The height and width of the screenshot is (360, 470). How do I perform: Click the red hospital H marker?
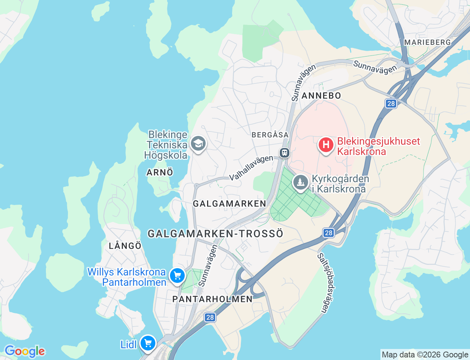(x=326, y=145)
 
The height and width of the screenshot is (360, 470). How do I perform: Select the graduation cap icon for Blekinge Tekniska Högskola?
(x=198, y=144)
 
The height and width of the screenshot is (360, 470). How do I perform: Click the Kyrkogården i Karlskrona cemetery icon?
(x=300, y=182)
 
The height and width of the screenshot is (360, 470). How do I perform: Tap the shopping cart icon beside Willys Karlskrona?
(x=177, y=275)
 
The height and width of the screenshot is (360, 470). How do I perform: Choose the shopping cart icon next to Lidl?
(x=148, y=343)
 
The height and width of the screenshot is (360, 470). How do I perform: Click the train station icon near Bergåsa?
(x=285, y=152)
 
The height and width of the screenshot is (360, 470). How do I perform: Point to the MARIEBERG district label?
(x=427, y=42)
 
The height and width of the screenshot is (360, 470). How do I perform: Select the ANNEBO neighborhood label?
(x=321, y=96)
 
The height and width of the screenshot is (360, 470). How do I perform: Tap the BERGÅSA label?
(x=270, y=135)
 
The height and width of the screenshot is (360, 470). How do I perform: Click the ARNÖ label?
(x=160, y=172)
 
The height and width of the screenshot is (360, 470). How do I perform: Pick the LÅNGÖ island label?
(x=125, y=246)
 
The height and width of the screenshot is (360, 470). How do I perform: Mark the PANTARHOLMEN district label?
(x=213, y=299)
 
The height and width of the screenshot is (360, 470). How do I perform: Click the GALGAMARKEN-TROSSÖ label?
(x=216, y=234)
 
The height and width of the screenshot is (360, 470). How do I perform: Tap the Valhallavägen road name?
(x=251, y=168)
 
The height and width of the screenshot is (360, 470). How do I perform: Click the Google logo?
(x=24, y=351)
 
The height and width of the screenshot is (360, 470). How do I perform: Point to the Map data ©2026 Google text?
(x=425, y=354)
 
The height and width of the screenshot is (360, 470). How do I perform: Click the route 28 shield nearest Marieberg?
(x=391, y=104)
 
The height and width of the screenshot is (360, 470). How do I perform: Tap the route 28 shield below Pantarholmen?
(x=210, y=317)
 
